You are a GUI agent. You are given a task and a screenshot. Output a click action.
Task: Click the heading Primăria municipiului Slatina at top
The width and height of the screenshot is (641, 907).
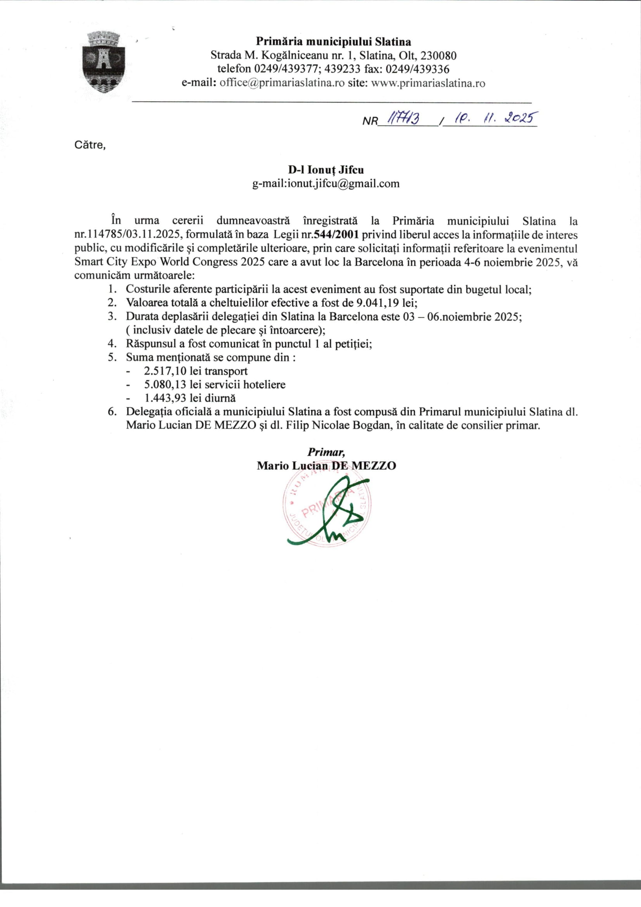click(334, 42)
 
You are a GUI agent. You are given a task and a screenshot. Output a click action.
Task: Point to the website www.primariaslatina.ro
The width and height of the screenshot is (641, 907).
click(428, 83)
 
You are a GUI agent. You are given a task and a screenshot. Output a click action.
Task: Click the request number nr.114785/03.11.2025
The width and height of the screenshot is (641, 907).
click(128, 235)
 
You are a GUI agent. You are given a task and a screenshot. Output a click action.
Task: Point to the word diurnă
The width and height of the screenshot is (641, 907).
click(220, 398)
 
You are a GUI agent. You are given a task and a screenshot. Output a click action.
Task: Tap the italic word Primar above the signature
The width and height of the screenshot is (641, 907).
click(326, 452)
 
